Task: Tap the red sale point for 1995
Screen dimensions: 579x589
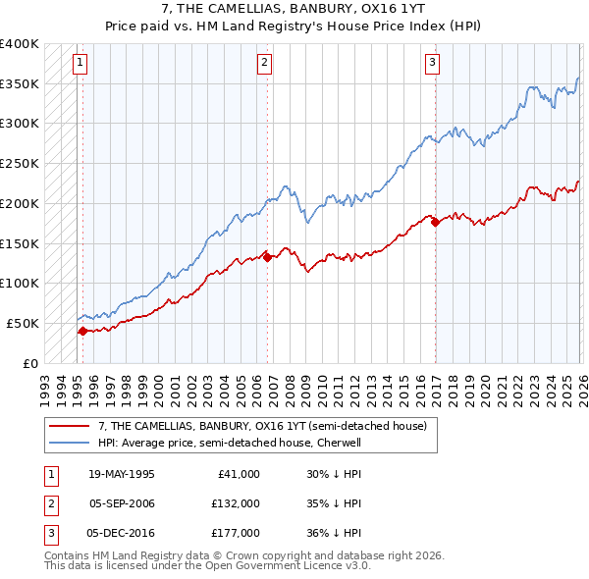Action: pyautogui.click(x=82, y=331)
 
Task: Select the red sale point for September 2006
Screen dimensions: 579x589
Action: pyautogui.click(x=267, y=257)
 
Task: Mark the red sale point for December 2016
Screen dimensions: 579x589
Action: pyautogui.click(x=434, y=222)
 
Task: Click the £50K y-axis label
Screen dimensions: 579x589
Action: pyautogui.click(x=23, y=323)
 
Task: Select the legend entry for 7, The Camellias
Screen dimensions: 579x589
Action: pyautogui.click(x=262, y=427)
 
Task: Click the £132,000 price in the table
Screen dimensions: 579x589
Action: pyautogui.click(x=237, y=503)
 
